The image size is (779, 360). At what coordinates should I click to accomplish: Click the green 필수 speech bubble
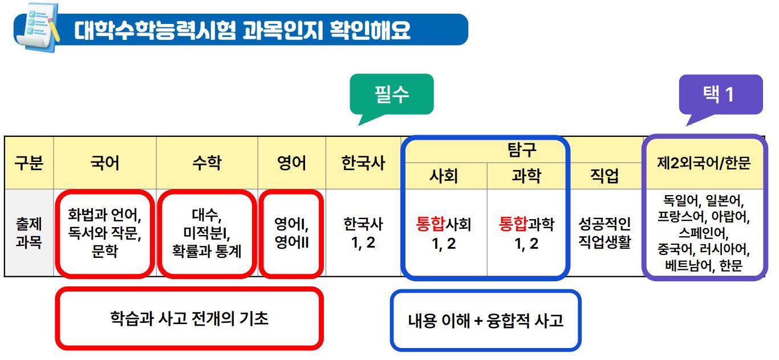pos(392,94)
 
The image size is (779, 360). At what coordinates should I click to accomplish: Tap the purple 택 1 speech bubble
pos(720,95)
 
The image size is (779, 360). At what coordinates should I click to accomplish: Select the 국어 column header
pos(105,164)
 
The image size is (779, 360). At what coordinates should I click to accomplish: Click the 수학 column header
pos(207,164)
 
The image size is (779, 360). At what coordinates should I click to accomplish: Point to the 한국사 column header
pos(363,164)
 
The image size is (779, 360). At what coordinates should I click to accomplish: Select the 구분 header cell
pos(29,164)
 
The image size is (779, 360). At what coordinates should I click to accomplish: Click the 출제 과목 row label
pos(29,233)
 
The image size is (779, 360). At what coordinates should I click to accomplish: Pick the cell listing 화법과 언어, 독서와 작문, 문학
pos(104,233)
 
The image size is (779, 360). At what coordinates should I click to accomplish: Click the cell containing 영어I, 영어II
pos(291,233)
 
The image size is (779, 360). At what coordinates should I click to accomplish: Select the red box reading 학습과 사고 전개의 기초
pos(189,318)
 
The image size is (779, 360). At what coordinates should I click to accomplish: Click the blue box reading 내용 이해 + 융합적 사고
pos(485,320)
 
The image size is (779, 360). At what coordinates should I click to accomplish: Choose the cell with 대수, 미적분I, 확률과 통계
pos(207,233)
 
